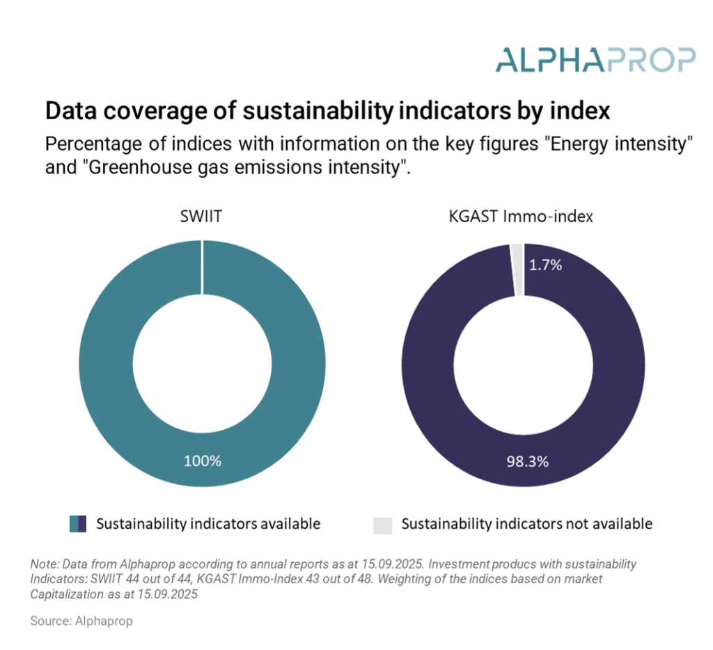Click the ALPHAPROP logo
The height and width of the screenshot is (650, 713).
(595, 60)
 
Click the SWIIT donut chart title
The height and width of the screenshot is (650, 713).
(202, 217)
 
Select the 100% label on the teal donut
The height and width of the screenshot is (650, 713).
(202, 461)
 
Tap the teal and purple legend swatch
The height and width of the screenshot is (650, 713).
(78, 525)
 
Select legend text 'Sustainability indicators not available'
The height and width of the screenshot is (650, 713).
(527, 524)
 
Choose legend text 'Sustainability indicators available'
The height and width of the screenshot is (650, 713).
(208, 524)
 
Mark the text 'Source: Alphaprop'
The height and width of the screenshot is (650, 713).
(81, 621)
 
